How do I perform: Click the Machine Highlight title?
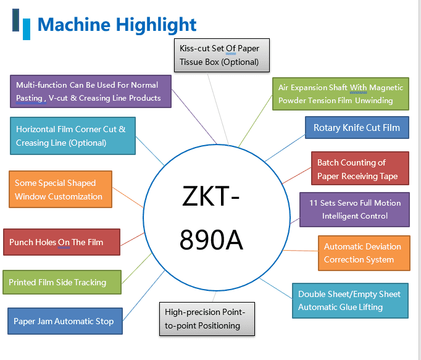click(117, 25)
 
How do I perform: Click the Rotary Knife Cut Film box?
click(356, 128)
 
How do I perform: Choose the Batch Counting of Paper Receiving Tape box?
click(359, 169)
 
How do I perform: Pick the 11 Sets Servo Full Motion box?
click(354, 209)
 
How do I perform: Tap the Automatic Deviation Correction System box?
click(364, 253)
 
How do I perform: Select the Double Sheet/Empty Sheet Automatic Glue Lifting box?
click(349, 300)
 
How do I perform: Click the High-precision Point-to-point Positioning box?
click(206, 319)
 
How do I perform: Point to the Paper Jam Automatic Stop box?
click(64, 321)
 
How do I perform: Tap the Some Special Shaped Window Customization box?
click(60, 190)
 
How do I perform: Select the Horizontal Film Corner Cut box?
click(72, 136)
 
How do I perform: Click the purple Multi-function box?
click(90, 91)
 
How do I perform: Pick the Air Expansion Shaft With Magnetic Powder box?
click(341, 94)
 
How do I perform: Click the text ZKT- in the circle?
click(210, 197)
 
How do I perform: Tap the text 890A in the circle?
click(210, 239)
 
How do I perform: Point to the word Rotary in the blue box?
click(328, 128)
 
